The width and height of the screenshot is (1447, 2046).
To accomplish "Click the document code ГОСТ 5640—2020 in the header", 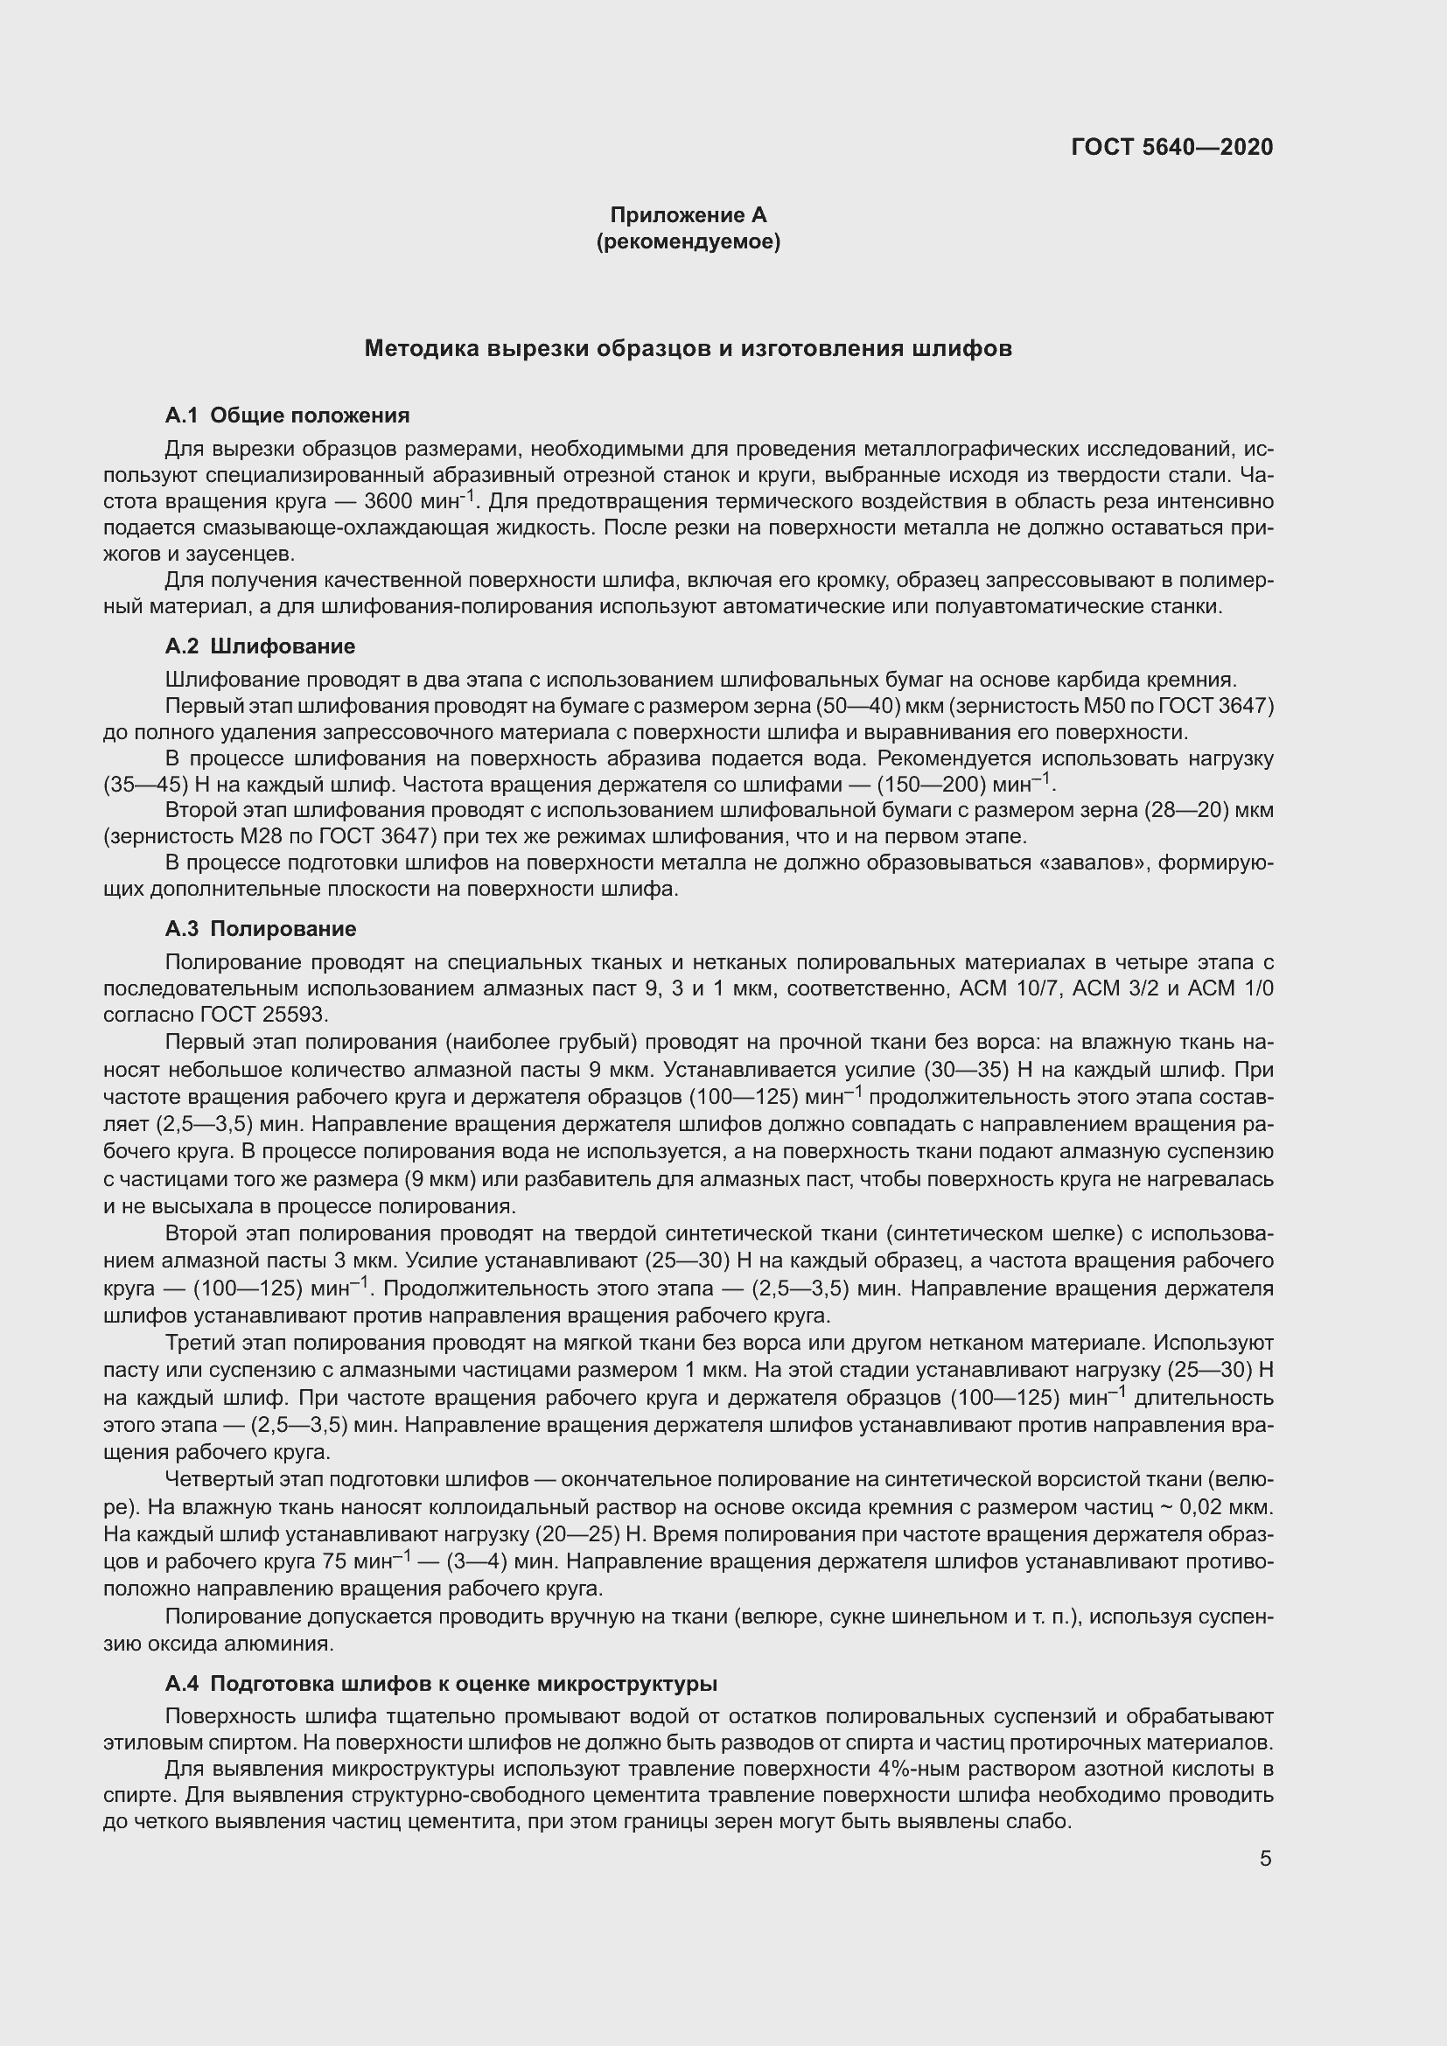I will click(1171, 147).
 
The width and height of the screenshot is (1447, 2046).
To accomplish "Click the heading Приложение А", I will click(688, 215).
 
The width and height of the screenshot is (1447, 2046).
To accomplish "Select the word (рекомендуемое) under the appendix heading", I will click(688, 241).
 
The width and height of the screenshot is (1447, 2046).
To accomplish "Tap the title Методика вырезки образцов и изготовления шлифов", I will click(688, 348).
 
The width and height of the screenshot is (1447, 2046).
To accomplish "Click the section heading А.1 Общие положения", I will click(287, 415).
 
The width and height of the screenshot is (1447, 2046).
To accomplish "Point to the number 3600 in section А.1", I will click(388, 501).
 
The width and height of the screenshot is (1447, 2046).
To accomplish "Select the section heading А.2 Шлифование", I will click(260, 646).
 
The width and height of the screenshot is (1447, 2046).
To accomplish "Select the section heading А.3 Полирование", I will click(260, 929).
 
